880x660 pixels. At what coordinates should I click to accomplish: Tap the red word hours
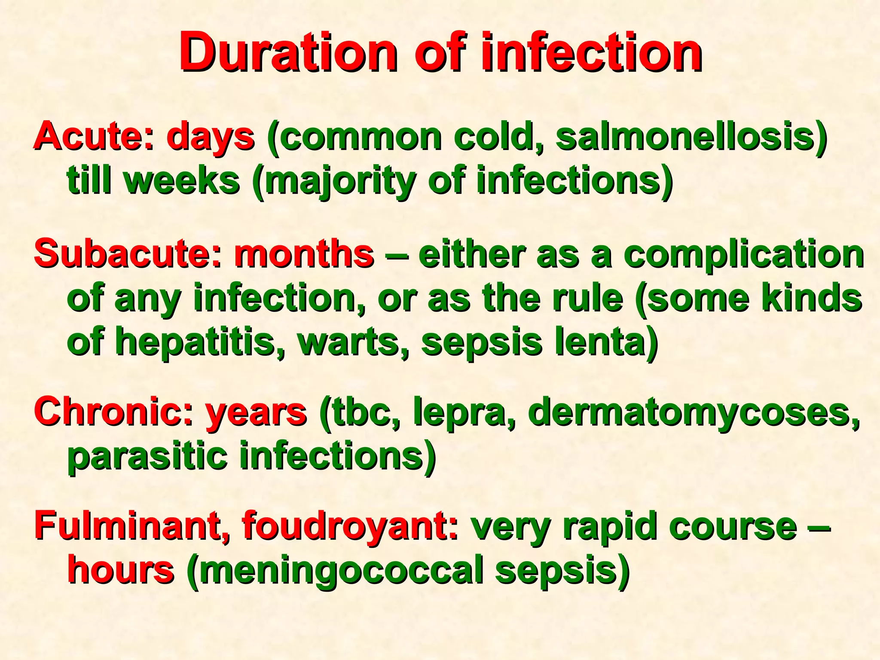(x=121, y=570)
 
